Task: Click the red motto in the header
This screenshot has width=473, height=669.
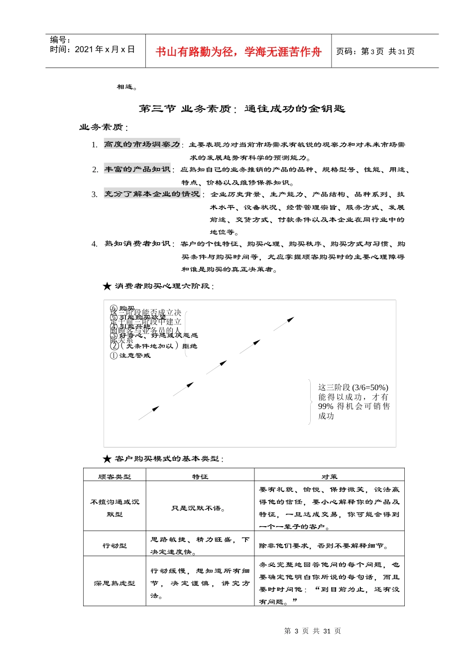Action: [x=238, y=52]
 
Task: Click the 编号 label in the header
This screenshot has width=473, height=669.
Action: [x=60, y=40]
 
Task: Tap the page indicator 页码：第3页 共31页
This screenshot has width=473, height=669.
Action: [x=375, y=51]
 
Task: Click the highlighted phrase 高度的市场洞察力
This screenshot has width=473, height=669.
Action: [x=142, y=144]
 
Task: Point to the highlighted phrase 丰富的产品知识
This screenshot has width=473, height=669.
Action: [x=137, y=169]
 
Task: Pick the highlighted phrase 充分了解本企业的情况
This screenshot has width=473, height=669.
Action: [x=152, y=194]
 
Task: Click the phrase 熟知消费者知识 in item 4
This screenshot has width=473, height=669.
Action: [x=137, y=244]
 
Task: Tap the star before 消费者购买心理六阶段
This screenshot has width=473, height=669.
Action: [x=107, y=286]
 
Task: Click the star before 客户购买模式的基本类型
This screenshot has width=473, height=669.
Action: [x=107, y=459]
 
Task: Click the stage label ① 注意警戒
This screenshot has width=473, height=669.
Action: [x=130, y=355]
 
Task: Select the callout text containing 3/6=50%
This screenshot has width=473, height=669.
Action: [x=354, y=401]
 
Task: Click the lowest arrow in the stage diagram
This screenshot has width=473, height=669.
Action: [x=149, y=413]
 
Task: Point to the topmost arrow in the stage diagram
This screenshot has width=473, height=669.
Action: [x=284, y=324]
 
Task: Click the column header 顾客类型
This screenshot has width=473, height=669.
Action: [x=115, y=476]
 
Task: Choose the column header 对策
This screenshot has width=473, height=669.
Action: [x=329, y=476]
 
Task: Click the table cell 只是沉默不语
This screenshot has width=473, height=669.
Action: [x=198, y=508]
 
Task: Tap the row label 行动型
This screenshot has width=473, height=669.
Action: [x=115, y=546]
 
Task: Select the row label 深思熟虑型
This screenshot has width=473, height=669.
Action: [x=115, y=583]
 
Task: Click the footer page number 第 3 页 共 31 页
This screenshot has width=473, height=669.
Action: [x=312, y=631]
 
